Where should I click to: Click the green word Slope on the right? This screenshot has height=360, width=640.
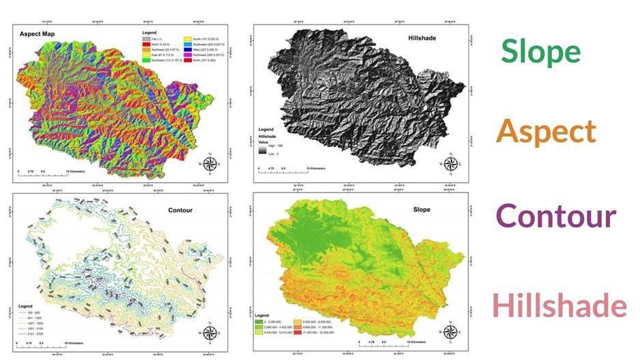coord(540,51)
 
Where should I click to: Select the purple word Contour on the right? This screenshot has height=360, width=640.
coord(556,216)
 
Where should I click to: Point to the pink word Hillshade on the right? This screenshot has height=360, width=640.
coord(559,305)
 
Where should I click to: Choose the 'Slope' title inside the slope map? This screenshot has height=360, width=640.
coord(421,209)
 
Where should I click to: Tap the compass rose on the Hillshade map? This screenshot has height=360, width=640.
coord(450,164)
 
